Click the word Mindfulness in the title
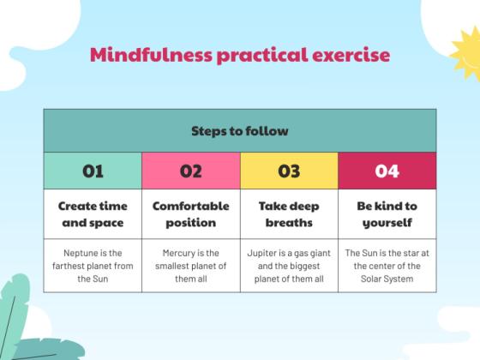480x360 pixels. tap(139, 56)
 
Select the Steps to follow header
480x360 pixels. tap(239, 131)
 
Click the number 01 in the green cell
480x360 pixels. tap(93, 171)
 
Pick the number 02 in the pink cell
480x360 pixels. tap(190, 171)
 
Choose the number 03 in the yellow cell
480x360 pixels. tap(289, 171)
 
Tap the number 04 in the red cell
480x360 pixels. tap(387, 171)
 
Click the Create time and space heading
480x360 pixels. tap(93, 214)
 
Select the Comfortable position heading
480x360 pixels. tap(190, 214)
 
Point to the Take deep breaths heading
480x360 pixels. tap(289, 214)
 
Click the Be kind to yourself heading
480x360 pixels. tap(387, 214)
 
